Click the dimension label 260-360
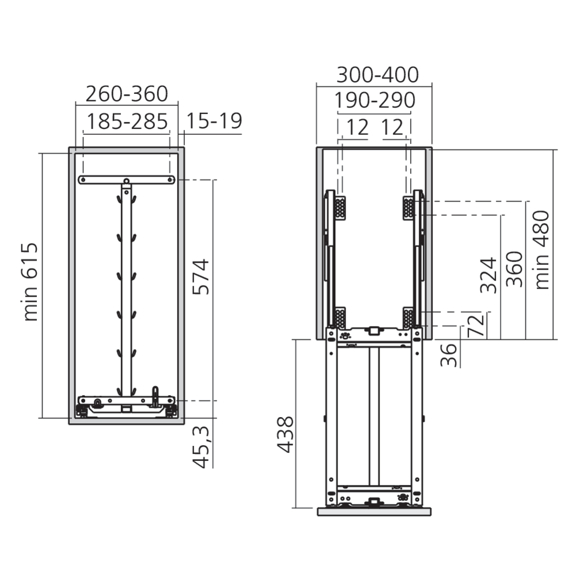point(127,94)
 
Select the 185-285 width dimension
point(127,122)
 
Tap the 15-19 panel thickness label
point(214,121)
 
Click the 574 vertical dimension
point(201,277)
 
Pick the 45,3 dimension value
point(201,448)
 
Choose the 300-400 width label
point(377,75)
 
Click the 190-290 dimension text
point(375,100)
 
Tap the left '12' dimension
point(358,127)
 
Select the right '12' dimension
point(392,127)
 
